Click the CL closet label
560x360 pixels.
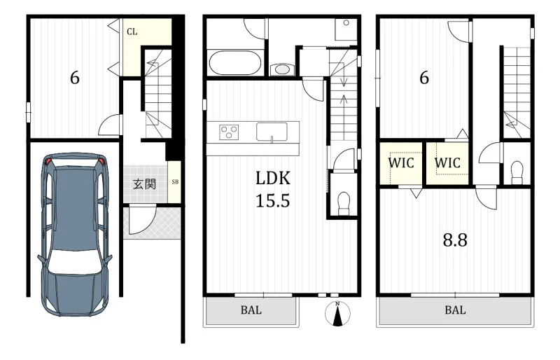[x=132, y=32]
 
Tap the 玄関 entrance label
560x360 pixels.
[x=144, y=184]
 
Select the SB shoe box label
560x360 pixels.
[x=175, y=181]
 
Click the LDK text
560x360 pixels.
[x=273, y=178]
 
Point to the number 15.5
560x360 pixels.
[x=272, y=200]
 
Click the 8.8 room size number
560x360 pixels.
[x=455, y=240]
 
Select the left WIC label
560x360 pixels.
[x=400, y=163]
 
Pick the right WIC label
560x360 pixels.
[x=447, y=163]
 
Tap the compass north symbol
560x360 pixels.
[x=337, y=314]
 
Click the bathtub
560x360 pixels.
[x=234, y=63]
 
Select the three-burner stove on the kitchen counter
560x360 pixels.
[x=229, y=132]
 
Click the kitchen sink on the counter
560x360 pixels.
[x=272, y=132]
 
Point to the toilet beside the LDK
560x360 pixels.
[x=344, y=202]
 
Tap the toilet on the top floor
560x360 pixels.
[x=517, y=172]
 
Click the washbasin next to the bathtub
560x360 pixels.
[x=283, y=69]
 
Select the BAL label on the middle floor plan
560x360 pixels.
[x=251, y=310]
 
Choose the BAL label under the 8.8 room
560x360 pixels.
[x=456, y=310]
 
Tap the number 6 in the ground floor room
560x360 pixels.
[x=75, y=78]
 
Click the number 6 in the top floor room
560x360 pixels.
[x=424, y=78]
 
